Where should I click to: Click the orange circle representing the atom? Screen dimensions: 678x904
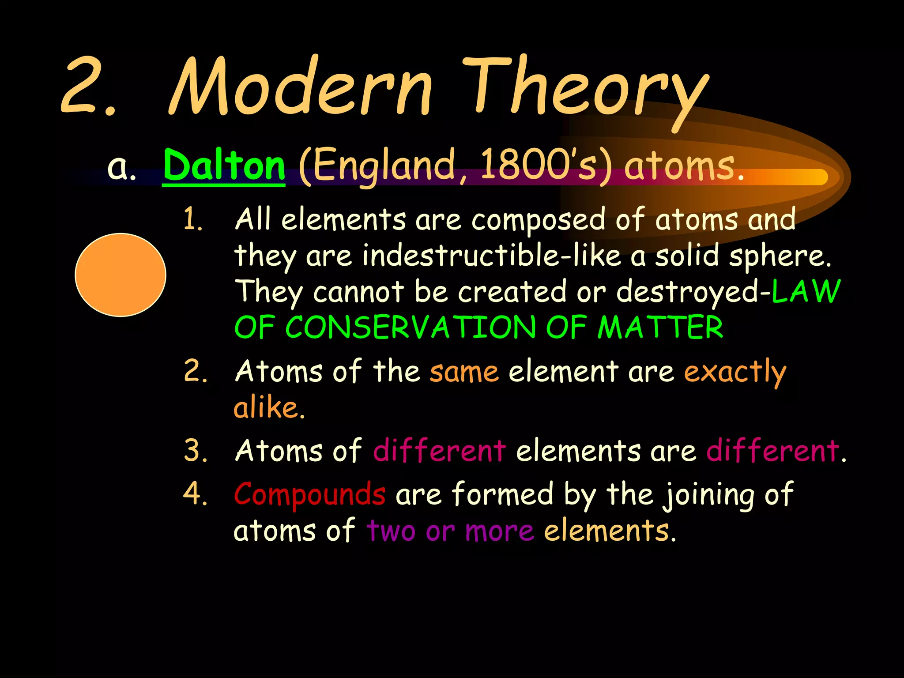(121, 275)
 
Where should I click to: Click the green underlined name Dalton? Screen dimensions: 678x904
(224, 166)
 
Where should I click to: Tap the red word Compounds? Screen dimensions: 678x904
(309, 494)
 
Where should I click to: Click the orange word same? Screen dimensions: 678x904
(464, 372)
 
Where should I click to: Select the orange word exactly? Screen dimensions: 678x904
(735, 372)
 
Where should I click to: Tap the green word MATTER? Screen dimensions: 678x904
(660, 328)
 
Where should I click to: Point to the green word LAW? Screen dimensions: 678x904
(806, 291)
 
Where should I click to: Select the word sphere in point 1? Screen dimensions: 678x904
(779, 256)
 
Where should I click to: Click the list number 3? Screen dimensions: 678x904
(195, 451)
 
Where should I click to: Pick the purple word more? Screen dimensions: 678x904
(499, 531)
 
